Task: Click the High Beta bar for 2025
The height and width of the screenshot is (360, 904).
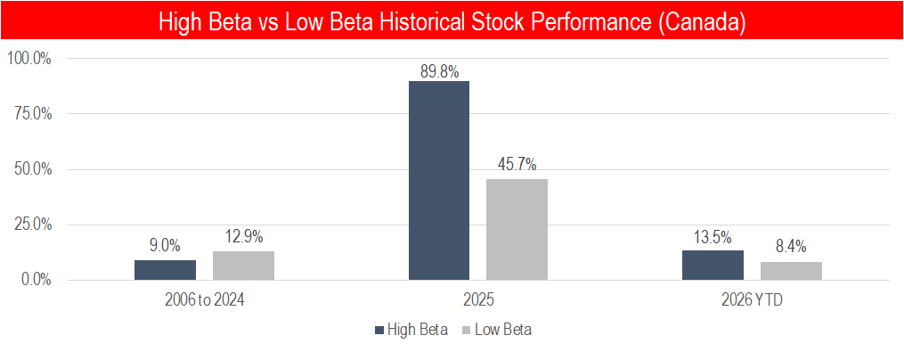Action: tap(439, 181)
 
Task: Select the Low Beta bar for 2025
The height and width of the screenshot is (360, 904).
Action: tap(517, 230)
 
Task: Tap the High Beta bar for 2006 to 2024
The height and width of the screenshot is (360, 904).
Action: tap(165, 270)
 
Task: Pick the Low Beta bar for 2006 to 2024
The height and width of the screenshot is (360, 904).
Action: tap(243, 266)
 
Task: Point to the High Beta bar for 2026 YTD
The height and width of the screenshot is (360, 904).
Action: tap(713, 266)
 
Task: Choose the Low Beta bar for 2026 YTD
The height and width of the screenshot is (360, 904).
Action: tap(791, 271)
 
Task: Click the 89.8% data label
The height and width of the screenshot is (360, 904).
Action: tap(439, 72)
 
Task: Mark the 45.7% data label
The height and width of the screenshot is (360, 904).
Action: tap(517, 166)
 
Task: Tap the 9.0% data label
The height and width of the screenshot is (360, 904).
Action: tap(165, 246)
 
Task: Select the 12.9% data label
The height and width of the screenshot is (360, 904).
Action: tap(243, 236)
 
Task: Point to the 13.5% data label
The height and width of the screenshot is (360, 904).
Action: tap(713, 237)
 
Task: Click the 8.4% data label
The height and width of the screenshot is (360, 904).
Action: tap(791, 247)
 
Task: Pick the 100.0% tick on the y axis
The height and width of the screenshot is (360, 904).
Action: tap(28, 59)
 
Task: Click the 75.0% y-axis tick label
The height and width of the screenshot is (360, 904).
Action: tap(32, 114)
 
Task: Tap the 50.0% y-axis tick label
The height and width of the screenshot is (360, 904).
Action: tap(32, 169)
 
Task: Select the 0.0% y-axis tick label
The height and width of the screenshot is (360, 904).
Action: tap(35, 281)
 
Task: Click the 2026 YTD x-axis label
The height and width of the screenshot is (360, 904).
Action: tap(752, 301)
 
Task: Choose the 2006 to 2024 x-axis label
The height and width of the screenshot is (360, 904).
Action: tap(204, 301)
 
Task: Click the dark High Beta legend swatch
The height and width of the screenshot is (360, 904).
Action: tap(379, 330)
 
